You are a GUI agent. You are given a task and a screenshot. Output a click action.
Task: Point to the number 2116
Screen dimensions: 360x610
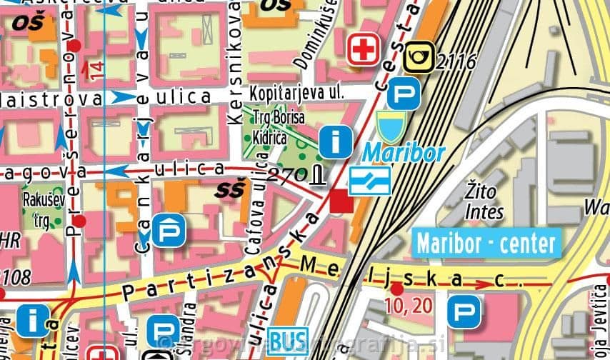455,61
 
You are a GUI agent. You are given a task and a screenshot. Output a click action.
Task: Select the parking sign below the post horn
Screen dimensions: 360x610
404,94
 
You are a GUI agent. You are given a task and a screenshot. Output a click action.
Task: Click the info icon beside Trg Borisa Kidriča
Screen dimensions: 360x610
335,141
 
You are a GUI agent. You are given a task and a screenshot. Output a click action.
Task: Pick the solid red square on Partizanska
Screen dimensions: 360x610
341,204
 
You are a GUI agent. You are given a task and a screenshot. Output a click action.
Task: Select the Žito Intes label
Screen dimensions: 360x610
484,201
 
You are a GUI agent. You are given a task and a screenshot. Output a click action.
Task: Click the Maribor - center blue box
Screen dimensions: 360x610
485,243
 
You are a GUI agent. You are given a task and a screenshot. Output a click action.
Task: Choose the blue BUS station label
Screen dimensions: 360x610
288,338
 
